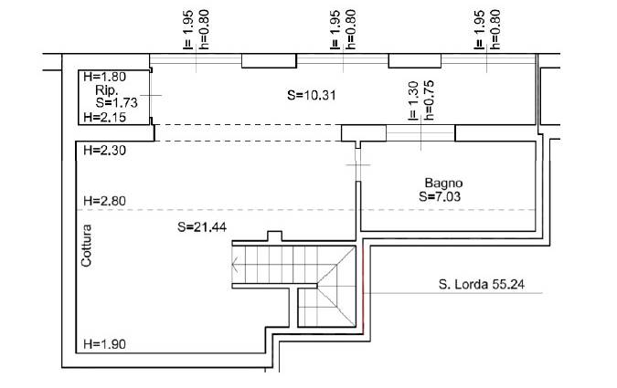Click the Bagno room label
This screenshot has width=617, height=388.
443,183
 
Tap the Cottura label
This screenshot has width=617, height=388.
86,246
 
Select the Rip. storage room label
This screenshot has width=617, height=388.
106,90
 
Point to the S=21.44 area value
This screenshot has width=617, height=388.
202,226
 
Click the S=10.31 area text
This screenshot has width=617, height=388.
312,95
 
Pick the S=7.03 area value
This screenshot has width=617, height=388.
440,196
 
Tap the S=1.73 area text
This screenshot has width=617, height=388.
116,102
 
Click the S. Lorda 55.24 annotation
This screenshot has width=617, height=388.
481,284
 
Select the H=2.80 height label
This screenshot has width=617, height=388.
105,201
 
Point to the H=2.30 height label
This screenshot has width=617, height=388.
105,150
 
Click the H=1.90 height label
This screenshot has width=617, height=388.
105,344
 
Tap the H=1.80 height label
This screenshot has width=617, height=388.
105,77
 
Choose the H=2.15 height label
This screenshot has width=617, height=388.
105,117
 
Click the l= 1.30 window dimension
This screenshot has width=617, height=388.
412,100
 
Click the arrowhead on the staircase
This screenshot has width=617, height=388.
235,265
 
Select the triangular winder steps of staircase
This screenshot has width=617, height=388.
337,287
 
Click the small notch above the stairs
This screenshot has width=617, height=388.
274,236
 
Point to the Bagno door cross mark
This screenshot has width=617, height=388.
357,165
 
